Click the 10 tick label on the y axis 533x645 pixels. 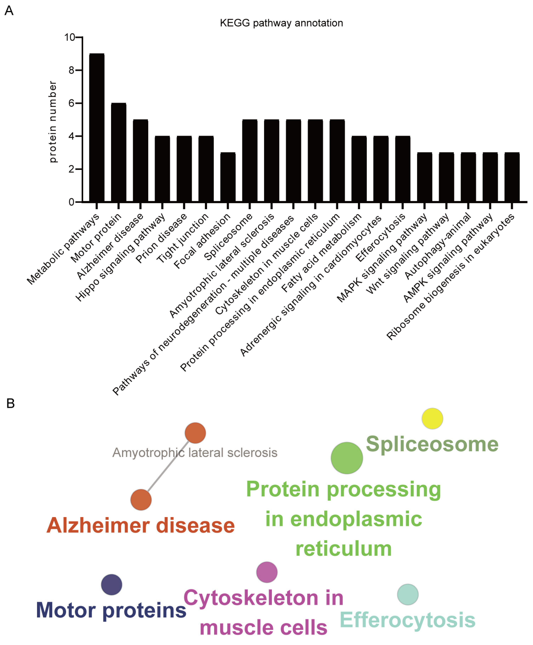click(69, 38)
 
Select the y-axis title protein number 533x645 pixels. click(53, 122)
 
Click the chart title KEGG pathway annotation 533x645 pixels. click(281, 23)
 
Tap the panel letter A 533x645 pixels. click(9, 11)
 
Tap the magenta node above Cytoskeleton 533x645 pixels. click(267, 572)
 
